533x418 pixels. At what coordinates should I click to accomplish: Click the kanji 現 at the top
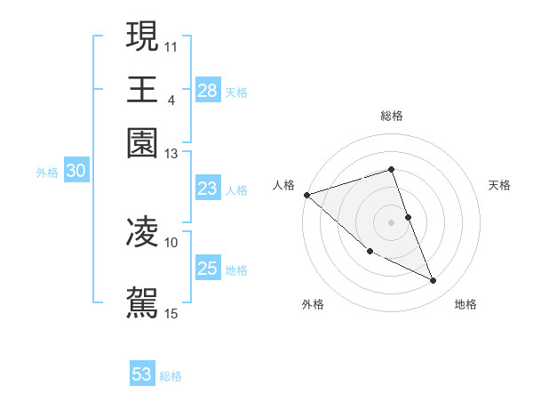(142, 36)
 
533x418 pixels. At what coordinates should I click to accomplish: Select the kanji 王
(142, 90)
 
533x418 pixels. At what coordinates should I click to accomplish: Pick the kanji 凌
(142, 233)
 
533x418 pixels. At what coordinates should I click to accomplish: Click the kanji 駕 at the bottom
(142, 301)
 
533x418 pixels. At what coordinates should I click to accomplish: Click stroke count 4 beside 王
(171, 100)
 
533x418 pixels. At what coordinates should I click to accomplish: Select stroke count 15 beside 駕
(171, 313)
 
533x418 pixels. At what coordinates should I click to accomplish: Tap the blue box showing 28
(207, 91)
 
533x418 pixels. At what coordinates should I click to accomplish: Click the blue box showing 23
(207, 189)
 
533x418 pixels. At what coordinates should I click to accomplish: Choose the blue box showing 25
(207, 269)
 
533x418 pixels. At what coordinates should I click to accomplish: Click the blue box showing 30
(76, 172)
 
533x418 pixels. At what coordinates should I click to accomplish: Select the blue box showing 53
(142, 374)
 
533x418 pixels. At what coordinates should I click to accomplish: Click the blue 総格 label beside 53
(171, 376)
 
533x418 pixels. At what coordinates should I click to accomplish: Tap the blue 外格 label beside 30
(47, 173)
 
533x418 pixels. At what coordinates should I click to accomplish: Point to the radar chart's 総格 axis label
(392, 117)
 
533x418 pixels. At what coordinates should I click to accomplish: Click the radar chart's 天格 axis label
(500, 185)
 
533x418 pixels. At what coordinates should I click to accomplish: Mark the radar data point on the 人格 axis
(306, 194)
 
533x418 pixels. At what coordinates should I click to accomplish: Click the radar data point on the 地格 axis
(434, 281)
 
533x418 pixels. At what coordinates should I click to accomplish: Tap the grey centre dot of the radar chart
(392, 221)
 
